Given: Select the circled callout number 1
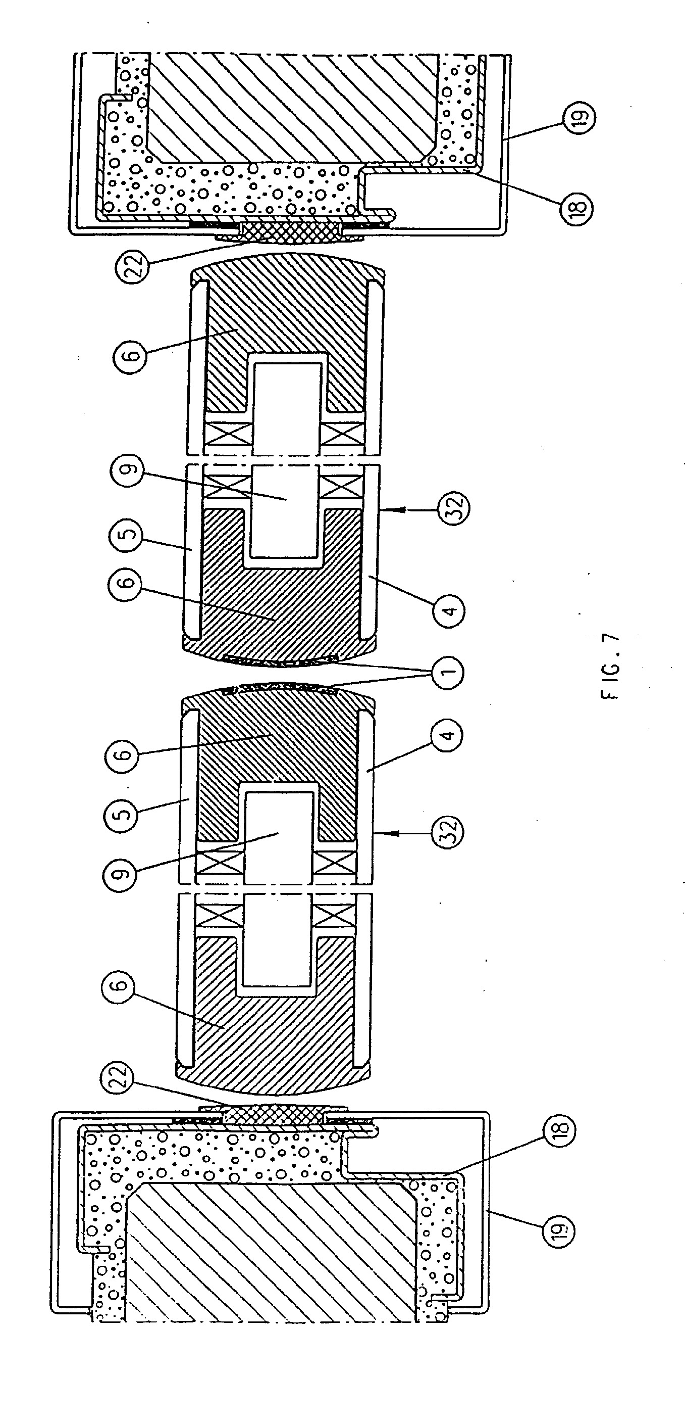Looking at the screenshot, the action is point(448,672).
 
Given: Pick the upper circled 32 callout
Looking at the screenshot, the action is point(454,507).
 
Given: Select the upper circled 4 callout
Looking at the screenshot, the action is point(449,611).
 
